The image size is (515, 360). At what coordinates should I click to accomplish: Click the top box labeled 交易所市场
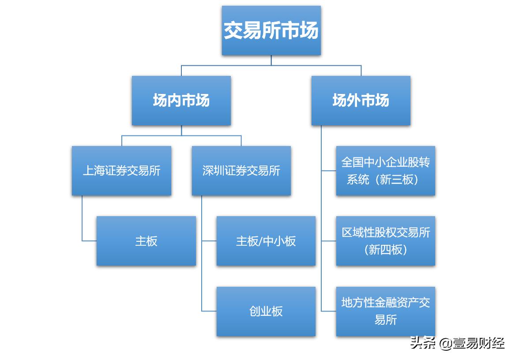[x=271, y=30]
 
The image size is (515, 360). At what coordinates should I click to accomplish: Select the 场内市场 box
[x=181, y=101]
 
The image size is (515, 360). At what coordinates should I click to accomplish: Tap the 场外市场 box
[x=361, y=101]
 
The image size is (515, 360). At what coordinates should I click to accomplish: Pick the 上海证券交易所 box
[x=121, y=171]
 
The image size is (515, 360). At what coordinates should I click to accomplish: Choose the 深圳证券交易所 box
[x=241, y=171]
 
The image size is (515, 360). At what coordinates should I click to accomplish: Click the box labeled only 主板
[x=146, y=241]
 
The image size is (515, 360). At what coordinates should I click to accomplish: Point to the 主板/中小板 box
[x=266, y=241]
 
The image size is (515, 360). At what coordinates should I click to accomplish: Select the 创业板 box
[x=266, y=311]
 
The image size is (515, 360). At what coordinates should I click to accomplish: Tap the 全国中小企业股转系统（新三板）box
[x=385, y=171]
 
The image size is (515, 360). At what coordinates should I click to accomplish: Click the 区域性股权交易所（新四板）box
[x=385, y=241]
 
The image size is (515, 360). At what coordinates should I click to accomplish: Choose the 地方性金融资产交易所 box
[x=385, y=311]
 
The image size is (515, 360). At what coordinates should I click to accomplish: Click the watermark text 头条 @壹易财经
[x=457, y=343]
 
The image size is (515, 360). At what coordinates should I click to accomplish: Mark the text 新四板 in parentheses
[x=385, y=250]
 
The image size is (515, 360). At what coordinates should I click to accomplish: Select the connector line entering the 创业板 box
[x=209, y=311]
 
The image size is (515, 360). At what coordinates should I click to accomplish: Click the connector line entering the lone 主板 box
[x=89, y=241]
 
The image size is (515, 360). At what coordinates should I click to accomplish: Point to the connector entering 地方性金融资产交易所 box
[x=329, y=311]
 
